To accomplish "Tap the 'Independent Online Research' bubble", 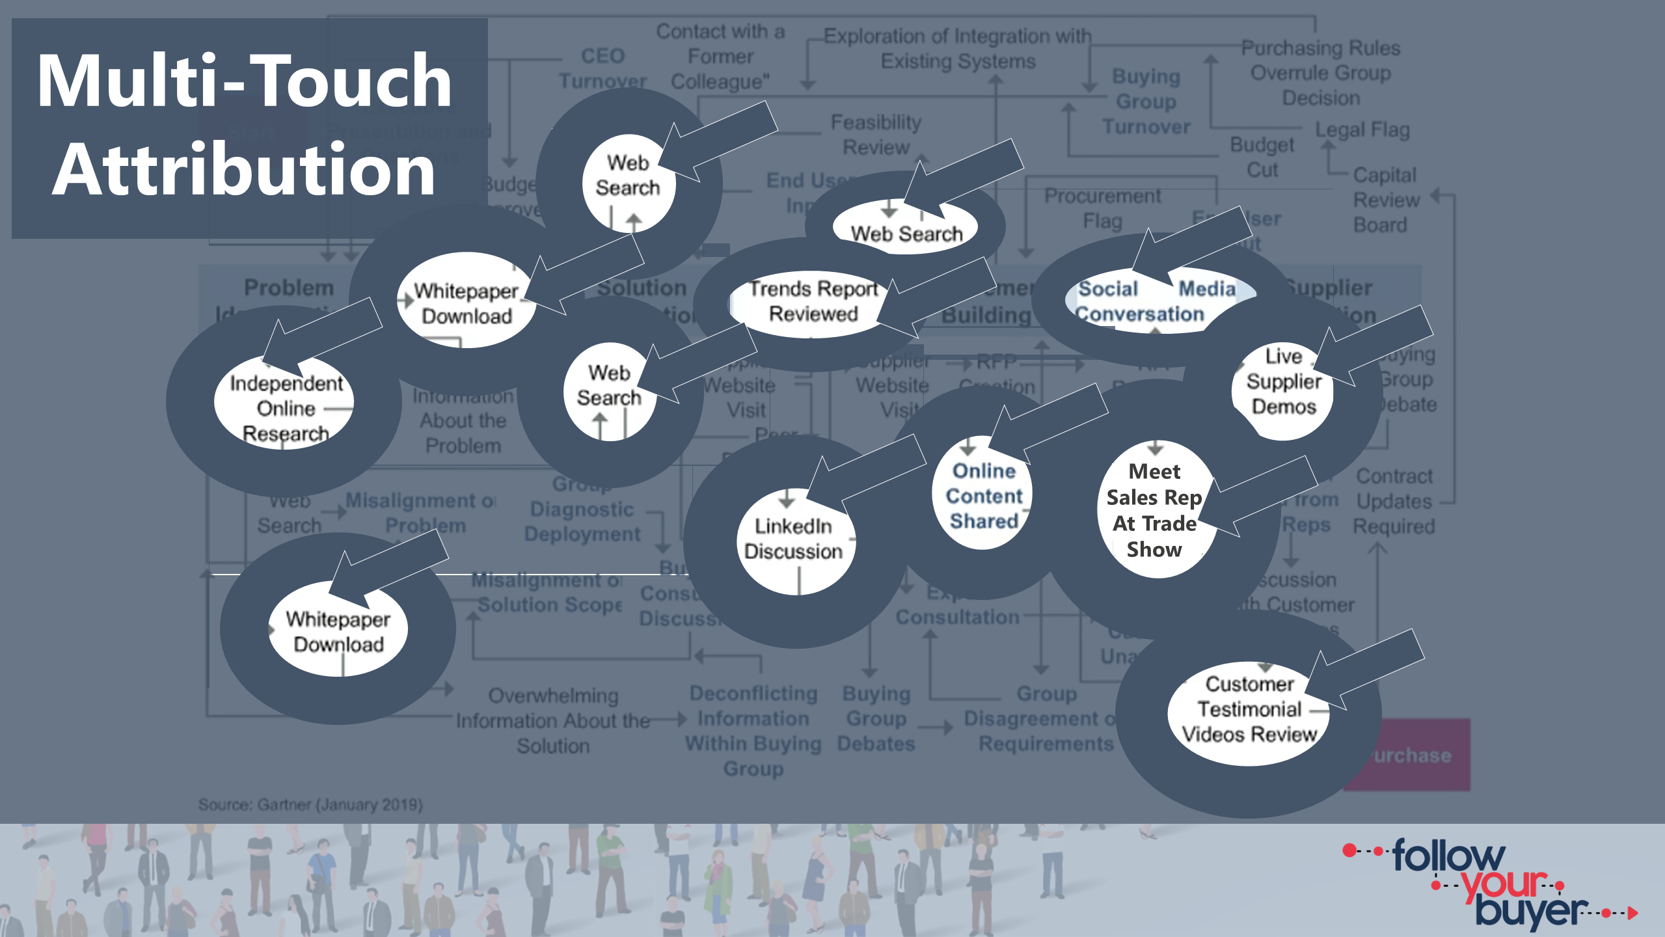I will tap(285, 408).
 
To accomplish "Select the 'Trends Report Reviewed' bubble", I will tap(813, 302).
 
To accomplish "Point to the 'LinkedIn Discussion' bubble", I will tap(793, 539).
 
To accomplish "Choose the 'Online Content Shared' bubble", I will tap(983, 496).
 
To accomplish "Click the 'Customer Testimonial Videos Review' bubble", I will tap(1249, 709).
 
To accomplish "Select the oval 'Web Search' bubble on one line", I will tap(906, 233).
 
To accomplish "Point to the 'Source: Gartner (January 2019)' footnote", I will tap(310, 805).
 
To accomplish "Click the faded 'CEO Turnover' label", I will tap(602, 68).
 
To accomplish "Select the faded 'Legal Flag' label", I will tap(1362, 130).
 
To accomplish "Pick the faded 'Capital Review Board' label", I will tap(1385, 200).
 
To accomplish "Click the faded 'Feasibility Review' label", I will tap(876, 135).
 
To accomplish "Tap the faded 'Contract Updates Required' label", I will tap(1394, 501).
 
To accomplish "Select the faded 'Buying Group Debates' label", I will tap(876, 719).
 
